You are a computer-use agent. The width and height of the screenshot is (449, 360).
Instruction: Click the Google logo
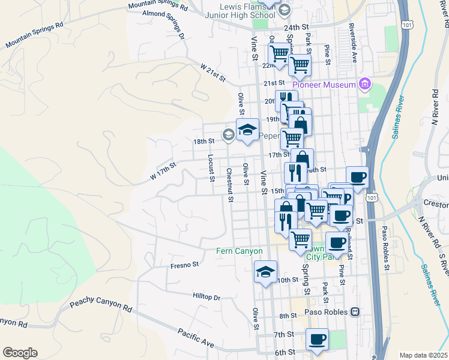point(20,353)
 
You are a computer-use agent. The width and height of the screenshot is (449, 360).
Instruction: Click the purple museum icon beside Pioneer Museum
point(363,85)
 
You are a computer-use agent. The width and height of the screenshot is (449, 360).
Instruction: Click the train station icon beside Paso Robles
point(355,313)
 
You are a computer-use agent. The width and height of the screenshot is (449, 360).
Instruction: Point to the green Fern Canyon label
point(240,251)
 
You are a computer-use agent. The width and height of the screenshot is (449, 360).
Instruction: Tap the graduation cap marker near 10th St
point(265,272)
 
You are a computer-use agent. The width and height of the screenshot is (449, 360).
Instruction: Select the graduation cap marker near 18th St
point(247,130)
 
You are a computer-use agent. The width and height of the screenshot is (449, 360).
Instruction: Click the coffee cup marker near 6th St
point(317,339)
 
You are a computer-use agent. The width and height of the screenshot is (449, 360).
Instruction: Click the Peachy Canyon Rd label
point(100,306)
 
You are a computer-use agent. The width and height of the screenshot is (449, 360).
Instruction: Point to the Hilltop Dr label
point(206,297)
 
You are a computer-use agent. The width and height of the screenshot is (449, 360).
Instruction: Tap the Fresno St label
point(184,265)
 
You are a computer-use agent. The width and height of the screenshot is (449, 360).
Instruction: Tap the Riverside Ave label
point(354,44)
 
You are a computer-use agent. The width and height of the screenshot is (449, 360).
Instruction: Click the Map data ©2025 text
point(422,355)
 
